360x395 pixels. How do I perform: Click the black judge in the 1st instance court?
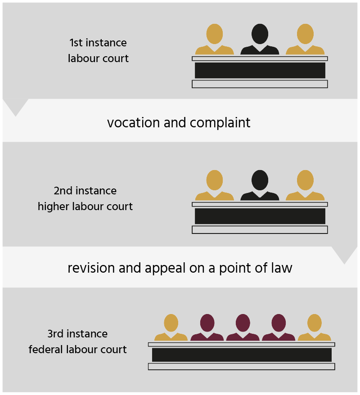(260, 39)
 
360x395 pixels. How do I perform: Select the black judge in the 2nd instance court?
(260, 185)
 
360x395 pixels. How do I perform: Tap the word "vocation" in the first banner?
(133, 123)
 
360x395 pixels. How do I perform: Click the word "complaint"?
(220, 123)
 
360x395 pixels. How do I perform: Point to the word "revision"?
(91, 268)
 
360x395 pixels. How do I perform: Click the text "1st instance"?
(98, 43)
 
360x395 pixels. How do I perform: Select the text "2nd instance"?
(85, 191)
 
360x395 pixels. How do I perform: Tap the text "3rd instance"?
(77, 334)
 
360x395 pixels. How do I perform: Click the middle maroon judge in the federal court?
(243, 328)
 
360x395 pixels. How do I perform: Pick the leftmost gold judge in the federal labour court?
(171, 328)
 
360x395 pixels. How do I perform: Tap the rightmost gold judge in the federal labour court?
(315, 328)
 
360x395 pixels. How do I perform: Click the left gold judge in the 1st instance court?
(214, 39)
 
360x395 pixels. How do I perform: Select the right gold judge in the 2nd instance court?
(305, 185)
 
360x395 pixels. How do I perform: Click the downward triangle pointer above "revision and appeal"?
(344, 253)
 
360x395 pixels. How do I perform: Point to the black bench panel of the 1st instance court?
(260, 70)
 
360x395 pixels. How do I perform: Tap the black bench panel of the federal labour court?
(242, 355)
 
